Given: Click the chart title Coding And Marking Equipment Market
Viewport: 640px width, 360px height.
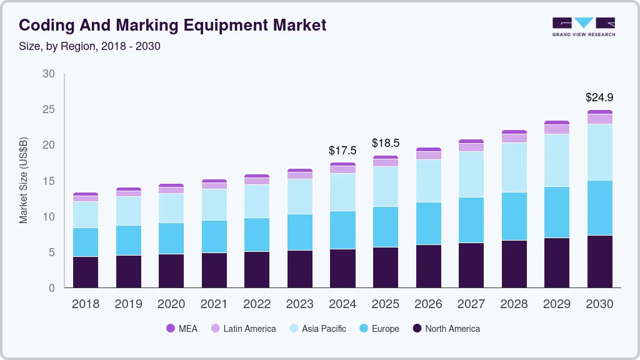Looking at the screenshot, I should pyautogui.click(x=172, y=26).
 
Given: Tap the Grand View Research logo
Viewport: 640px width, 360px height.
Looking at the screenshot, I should pyautogui.click(x=584, y=27).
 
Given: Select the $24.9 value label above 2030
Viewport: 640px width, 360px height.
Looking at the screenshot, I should pyautogui.click(x=599, y=97).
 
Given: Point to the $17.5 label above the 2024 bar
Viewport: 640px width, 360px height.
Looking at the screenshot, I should pyautogui.click(x=342, y=151).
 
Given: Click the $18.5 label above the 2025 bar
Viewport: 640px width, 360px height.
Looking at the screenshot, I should pyautogui.click(x=386, y=143).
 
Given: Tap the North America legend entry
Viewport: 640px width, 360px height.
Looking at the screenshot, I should pyautogui.click(x=446, y=328).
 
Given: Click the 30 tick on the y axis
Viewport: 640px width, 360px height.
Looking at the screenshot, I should pyautogui.click(x=48, y=74).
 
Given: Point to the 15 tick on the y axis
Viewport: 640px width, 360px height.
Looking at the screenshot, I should pyautogui.click(x=48, y=181).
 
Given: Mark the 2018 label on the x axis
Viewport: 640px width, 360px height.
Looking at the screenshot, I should pyautogui.click(x=85, y=304).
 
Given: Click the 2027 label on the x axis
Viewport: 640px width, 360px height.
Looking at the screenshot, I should pyautogui.click(x=471, y=304).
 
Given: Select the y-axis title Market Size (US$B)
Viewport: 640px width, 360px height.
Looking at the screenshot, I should pyautogui.click(x=23, y=180).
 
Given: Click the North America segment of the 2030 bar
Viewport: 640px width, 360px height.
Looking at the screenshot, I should pyautogui.click(x=599, y=261).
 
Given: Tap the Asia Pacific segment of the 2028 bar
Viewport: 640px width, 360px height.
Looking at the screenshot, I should pyautogui.click(x=514, y=167).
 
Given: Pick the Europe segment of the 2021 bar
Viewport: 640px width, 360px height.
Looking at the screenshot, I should pyautogui.click(x=214, y=236).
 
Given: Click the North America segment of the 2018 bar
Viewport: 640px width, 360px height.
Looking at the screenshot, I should pyautogui.click(x=85, y=272).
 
